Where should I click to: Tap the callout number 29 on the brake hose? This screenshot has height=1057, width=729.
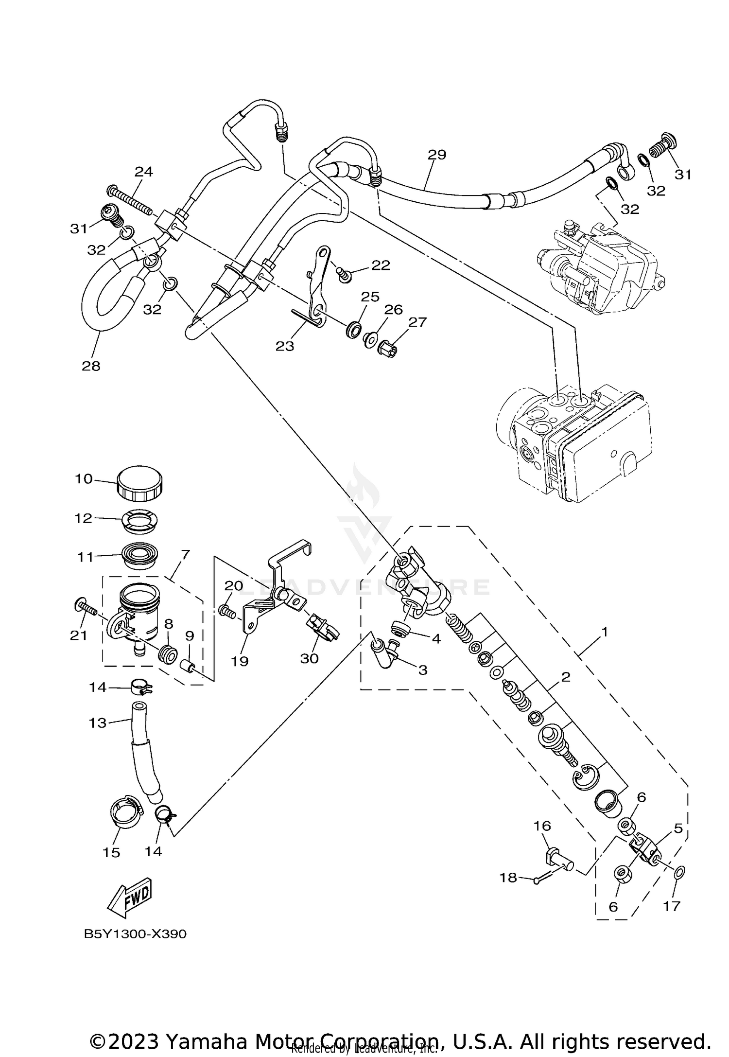[x=436, y=155]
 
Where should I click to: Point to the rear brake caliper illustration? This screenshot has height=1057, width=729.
[x=600, y=268]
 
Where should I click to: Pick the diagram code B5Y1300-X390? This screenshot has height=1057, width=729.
[x=135, y=934]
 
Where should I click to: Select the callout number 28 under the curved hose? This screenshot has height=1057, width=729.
[x=91, y=366]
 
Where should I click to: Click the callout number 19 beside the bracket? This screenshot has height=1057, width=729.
[x=240, y=661]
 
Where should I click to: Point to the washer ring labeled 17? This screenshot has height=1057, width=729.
[x=680, y=869]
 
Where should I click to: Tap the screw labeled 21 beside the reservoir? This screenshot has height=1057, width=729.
[x=86, y=609]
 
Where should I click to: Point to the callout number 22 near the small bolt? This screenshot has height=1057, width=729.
[x=381, y=265]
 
